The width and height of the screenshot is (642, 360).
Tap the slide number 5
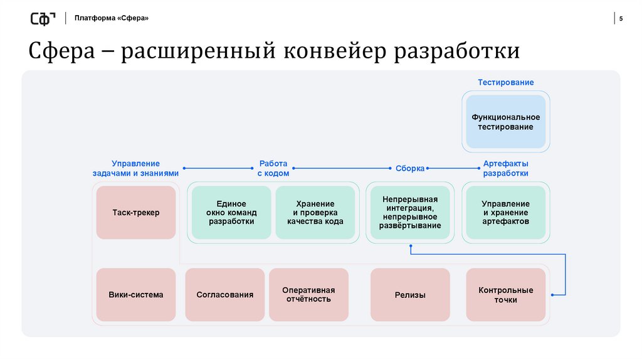[621, 18]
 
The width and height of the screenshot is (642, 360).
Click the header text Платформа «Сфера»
[112, 18]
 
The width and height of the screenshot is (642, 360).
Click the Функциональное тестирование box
[505, 122]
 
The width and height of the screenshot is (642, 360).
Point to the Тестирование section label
[505, 82]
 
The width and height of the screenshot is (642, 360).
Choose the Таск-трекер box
[136, 213]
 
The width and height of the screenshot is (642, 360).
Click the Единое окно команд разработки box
[231, 213]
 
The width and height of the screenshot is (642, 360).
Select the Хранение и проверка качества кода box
[315, 213]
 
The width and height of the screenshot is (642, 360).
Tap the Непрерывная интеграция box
[411, 212]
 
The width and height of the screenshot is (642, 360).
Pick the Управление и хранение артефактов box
[505, 213]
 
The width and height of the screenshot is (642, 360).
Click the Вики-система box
[136, 294]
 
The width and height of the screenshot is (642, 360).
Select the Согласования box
[225, 294]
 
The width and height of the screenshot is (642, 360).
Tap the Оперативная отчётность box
[308, 294]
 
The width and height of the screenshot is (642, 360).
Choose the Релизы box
[410, 294]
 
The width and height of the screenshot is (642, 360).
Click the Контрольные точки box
[505, 294]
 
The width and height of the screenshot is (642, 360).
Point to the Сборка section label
[410, 168]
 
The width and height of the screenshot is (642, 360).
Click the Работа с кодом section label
[273, 168]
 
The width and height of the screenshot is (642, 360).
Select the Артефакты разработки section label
[505, 168]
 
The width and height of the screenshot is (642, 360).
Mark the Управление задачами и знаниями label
[136, 168]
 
